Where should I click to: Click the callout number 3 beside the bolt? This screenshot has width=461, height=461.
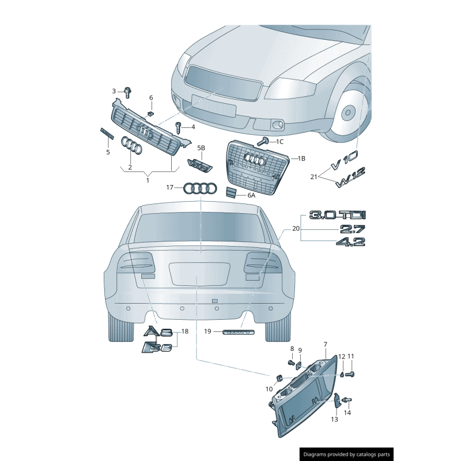[114, 91]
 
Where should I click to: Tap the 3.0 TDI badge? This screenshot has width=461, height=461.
[337, 215]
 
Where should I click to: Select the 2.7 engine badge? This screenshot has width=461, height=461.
[352, 229]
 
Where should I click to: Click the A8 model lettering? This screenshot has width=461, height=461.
[158, 332]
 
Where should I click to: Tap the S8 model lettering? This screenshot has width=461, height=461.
[157, 347]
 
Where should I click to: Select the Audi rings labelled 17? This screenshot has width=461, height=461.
[199, 188]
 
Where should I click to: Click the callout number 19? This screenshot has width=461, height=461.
[208, 331]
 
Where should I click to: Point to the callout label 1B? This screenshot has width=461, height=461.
[302, 157]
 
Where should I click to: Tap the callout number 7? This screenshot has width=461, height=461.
[325, 344]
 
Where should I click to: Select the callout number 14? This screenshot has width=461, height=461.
[347, 413]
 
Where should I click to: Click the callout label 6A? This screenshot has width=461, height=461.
[251, 195]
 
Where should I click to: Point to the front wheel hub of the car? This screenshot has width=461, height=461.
[348, 112]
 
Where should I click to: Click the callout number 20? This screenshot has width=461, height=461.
[296, 228]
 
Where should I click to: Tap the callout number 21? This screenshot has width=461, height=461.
[313, 176]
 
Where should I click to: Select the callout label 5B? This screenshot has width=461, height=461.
[201, 148]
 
